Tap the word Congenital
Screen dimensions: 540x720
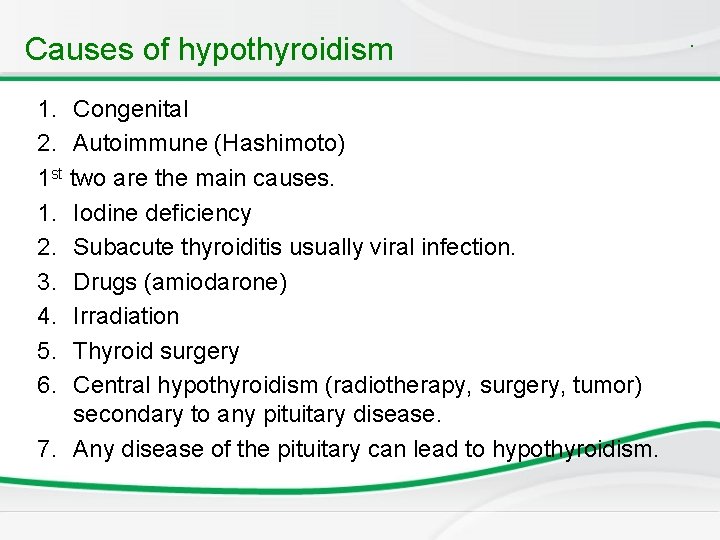pyautogui.click(x=131, y=109)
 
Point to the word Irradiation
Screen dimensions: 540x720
pyautogui.click(x=126, y=316)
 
